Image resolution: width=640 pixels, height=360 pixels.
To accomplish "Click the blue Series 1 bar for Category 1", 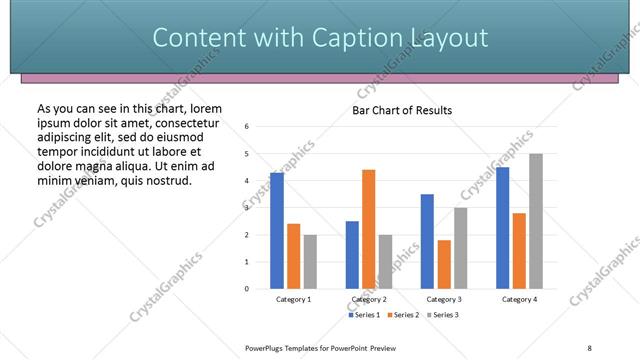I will point(277,231).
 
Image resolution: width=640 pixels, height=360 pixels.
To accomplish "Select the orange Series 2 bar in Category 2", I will point(369,229).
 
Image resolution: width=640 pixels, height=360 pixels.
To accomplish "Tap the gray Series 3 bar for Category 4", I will point(536,221).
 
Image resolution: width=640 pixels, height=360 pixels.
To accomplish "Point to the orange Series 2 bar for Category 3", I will point(444,264).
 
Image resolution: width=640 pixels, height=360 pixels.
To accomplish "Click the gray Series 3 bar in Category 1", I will point(310,262).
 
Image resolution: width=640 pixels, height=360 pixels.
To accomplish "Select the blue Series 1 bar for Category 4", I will point(502,228).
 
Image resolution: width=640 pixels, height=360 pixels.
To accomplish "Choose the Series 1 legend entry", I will point(365,315).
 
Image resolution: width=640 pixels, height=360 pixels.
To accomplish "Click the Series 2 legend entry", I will point(403,315).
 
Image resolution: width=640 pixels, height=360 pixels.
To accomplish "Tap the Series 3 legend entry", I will point(442,315).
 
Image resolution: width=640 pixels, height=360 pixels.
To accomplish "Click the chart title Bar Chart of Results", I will point(402,110).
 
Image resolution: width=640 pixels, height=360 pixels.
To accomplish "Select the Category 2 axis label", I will point(369,299).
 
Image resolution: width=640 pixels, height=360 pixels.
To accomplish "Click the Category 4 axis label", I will point(519,299).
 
